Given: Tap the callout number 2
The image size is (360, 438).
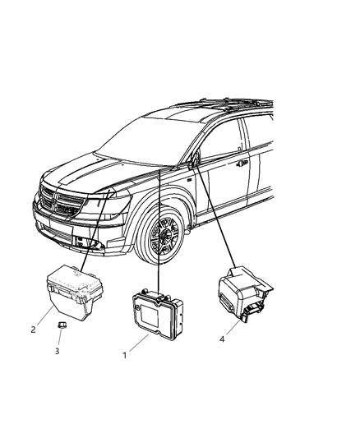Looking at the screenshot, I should pyautogui.click(x=34, y=330).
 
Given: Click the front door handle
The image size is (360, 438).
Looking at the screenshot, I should pyautogui.click(x=243, y=163).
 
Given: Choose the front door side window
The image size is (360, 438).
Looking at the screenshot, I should pyautogui.click(x=226, y=140).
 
